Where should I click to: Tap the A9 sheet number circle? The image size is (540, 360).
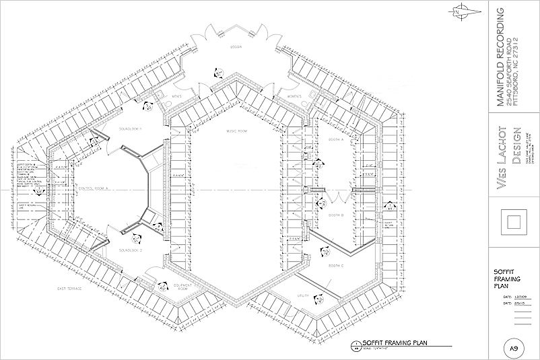coord(513,348)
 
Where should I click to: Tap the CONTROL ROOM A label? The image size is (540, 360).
coord(94,191)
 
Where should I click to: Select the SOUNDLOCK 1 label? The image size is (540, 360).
coord(130,128)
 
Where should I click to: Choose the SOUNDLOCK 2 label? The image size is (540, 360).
coord(130,250)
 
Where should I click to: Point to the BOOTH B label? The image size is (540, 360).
coord(337,215)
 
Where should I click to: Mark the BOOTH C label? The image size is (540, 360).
coord(337,266)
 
